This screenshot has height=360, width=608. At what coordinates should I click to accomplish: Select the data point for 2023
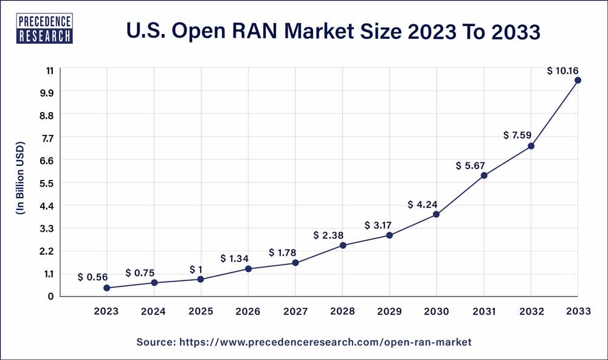click(107, 288)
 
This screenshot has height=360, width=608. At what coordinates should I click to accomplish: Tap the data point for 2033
click(578, 80)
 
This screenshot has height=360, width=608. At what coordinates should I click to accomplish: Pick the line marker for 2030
click(437, 215)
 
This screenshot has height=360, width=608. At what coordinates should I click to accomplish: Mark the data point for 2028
click(342, 246)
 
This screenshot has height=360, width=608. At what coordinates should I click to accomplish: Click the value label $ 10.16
click(562, 71)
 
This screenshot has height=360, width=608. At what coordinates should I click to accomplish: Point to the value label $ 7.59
click(518, 135)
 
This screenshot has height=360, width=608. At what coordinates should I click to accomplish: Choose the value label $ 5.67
click(471, 165)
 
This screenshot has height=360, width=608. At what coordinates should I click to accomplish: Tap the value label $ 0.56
click(93, 277)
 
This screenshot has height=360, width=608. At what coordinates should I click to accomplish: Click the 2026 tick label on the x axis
click(248, 311)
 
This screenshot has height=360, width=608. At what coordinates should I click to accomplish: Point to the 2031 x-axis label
click(483, 311)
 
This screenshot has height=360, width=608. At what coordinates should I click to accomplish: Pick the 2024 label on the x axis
click(154, 311)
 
